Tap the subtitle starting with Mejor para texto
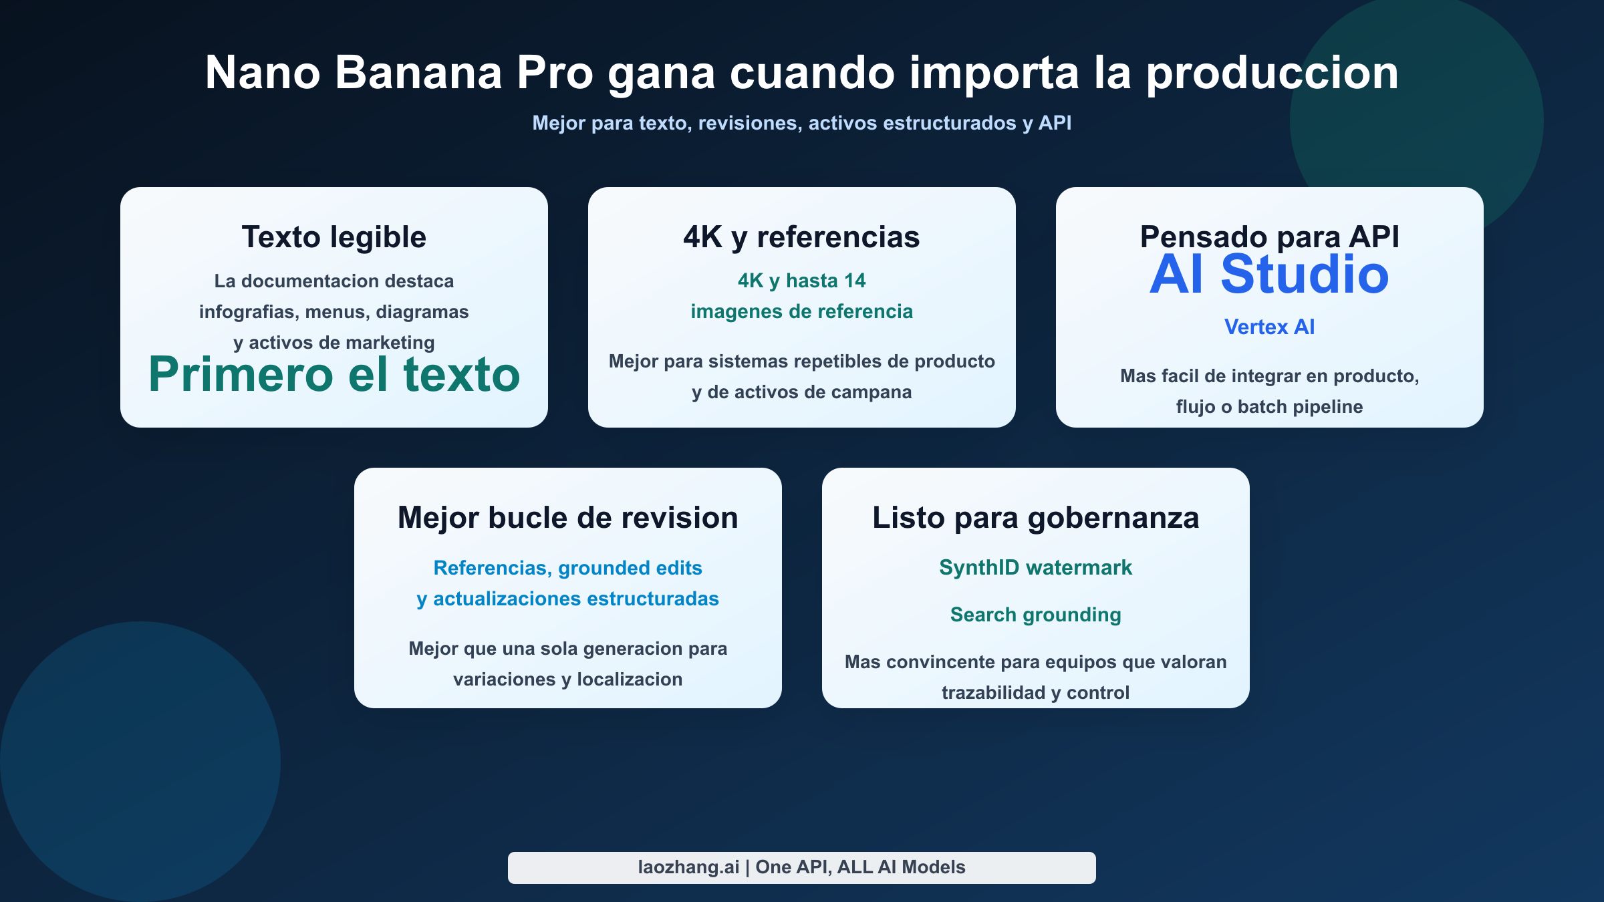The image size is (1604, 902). coord(801,123)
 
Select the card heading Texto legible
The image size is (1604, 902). coord(333,237)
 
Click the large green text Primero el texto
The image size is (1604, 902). coord(334,374)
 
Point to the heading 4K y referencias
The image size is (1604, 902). coord(801,237)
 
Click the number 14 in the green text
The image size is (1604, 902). coord(854,281)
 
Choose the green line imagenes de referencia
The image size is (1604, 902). coord(801,311)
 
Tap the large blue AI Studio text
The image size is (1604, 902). coord(1269,275)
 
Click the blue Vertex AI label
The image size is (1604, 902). coord(1269,327)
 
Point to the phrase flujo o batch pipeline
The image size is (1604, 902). coord(1269,407)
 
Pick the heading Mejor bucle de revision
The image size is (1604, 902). coord(567,518)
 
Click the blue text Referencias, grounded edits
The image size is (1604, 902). coord(567,568)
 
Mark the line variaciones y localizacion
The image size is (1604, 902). coord(567,680)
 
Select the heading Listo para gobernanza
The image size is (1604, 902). coord(1035,518)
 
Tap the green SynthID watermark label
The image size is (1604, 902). coord(1035,568)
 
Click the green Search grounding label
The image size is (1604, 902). coord(1035,615)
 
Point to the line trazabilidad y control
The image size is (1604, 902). coord(1035,693)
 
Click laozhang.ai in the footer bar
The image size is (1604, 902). coord(688,867)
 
